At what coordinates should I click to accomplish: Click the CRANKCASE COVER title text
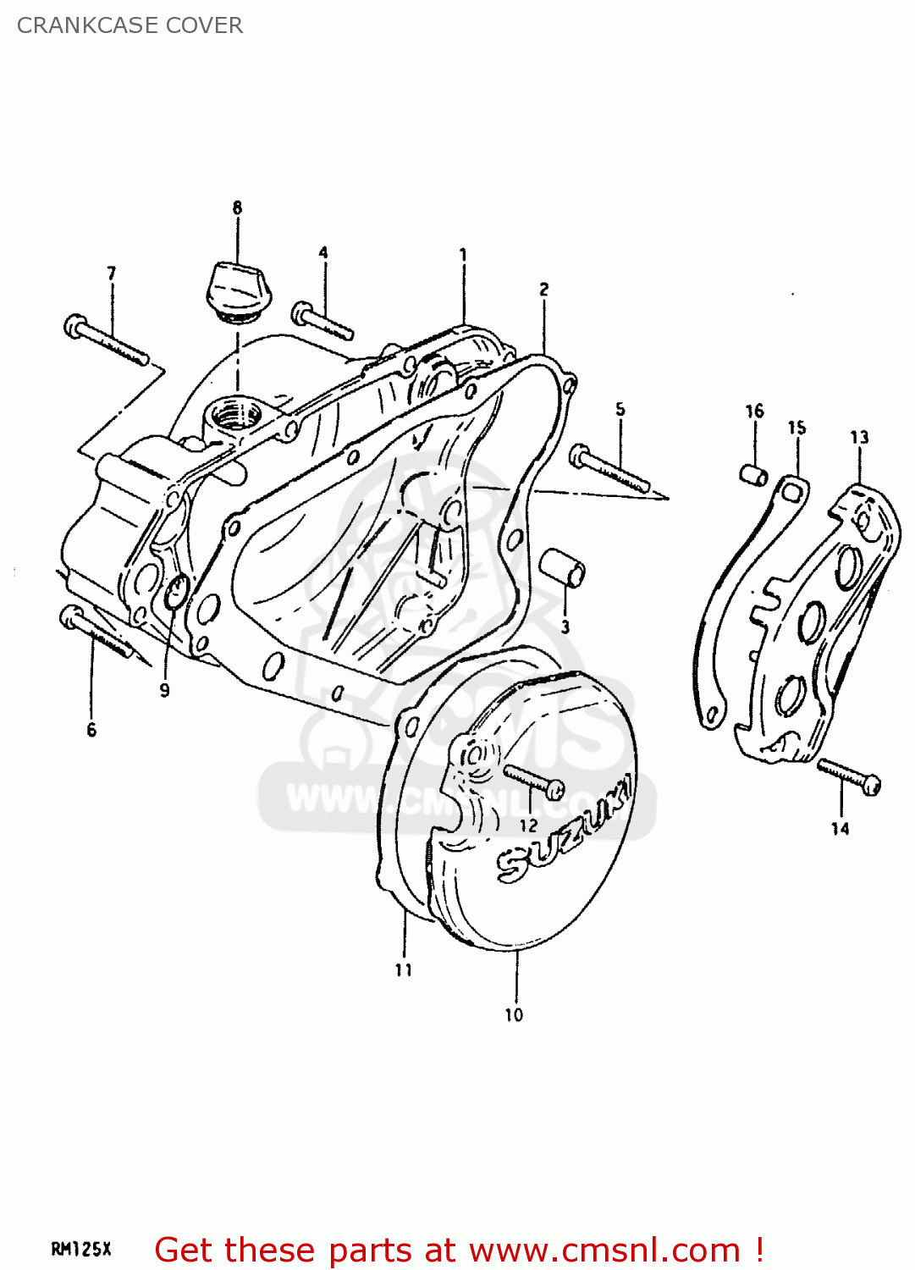(130, 25)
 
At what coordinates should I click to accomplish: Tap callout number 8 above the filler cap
(237, 207)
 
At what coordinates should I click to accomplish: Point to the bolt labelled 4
(322, 322)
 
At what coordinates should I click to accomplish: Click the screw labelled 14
(849, 775)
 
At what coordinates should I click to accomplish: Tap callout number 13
(859, 438)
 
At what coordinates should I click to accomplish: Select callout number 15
(796, 428)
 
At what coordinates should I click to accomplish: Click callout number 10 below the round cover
(514, 1014)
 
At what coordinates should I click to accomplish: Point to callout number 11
(404, 970)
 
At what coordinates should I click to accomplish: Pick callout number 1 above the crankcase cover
(463, 254)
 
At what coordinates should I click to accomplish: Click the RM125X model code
(81, 1250)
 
